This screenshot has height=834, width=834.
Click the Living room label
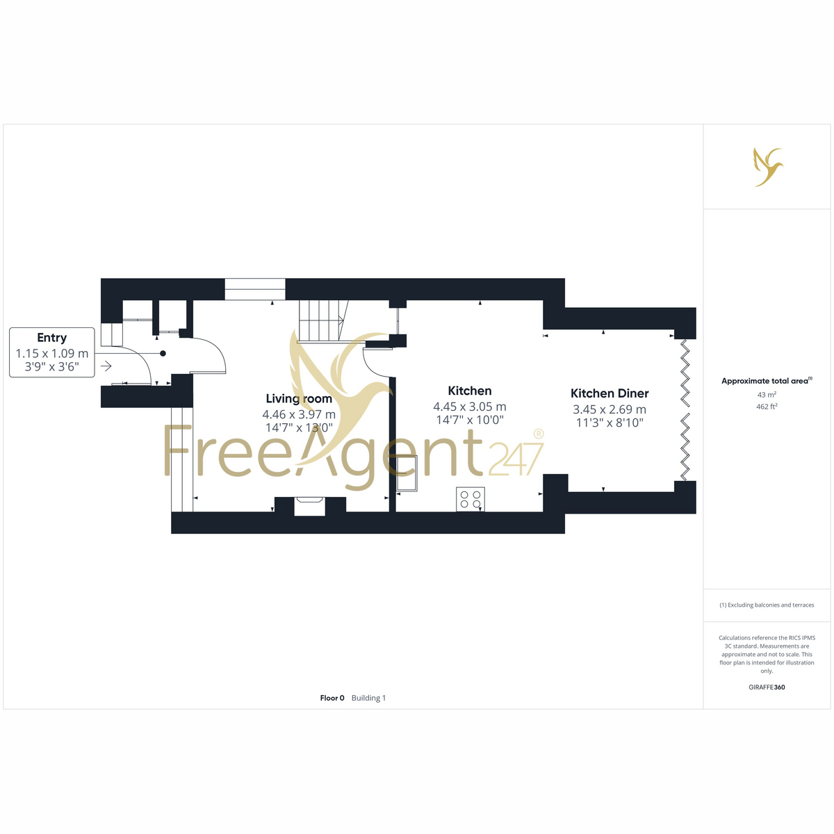tap(299, 399)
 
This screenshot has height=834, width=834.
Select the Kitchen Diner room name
tap(609, 393)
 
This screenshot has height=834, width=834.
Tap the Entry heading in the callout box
tap(52, 338)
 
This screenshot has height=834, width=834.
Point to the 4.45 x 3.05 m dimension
tap(470, 407)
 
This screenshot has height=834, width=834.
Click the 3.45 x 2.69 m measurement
tap(610, 409)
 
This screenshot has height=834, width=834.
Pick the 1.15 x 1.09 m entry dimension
tap(52, 354)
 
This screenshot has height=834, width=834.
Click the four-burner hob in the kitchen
tap(470, 499)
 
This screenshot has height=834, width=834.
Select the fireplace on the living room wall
tap(309, 505)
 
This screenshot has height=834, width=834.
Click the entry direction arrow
tap(106, 366)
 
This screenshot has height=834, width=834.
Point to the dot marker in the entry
tap(163, 354)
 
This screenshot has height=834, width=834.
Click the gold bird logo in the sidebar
tap(768, 167)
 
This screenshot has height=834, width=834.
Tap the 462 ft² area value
tap(767, 407)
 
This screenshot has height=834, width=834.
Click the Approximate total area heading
tap(767, 381)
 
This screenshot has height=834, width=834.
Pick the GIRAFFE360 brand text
tap(767, 687)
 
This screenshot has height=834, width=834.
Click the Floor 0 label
tap(332, 698)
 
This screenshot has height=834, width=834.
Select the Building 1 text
tap(368, 698)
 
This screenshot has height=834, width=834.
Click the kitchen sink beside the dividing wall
tap(407, 473)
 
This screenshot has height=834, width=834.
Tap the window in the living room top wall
tap(255, 289)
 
